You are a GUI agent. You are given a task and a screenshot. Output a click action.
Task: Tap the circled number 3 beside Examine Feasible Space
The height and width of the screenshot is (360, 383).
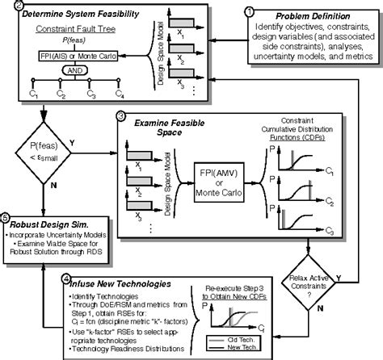pyautogui.click(x=120, y=116)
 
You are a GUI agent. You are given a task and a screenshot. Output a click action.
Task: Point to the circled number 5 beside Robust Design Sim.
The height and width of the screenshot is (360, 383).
pyautogui.click(x=6, y=217)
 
